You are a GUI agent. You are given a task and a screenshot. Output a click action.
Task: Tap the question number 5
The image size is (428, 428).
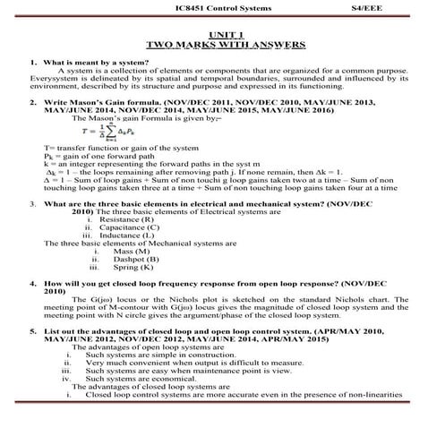pos(34,330)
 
